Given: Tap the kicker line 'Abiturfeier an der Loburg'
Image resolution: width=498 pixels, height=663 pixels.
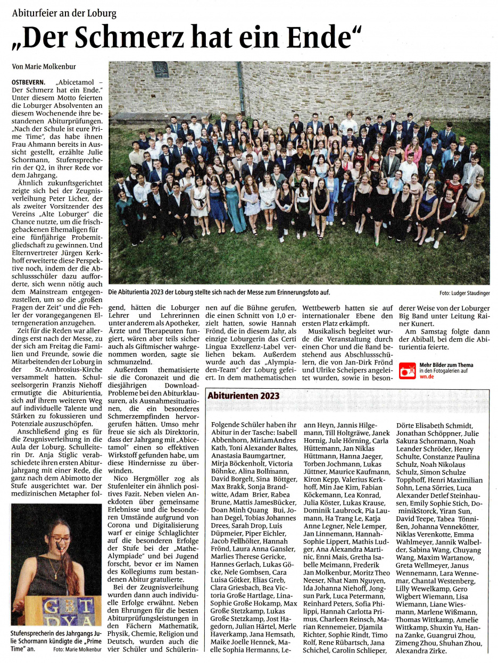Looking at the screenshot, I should coord(64,14).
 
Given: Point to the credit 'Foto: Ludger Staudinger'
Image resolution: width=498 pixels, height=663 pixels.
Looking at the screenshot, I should coord(464,293).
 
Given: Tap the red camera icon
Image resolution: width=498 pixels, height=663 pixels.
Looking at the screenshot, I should coord(407,371).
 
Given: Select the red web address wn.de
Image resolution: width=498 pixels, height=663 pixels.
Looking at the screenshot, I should coord(426,376).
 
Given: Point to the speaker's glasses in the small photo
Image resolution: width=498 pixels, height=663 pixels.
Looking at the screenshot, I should coord(61,539).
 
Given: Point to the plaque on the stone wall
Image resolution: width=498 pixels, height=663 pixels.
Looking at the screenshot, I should coord(161,70).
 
